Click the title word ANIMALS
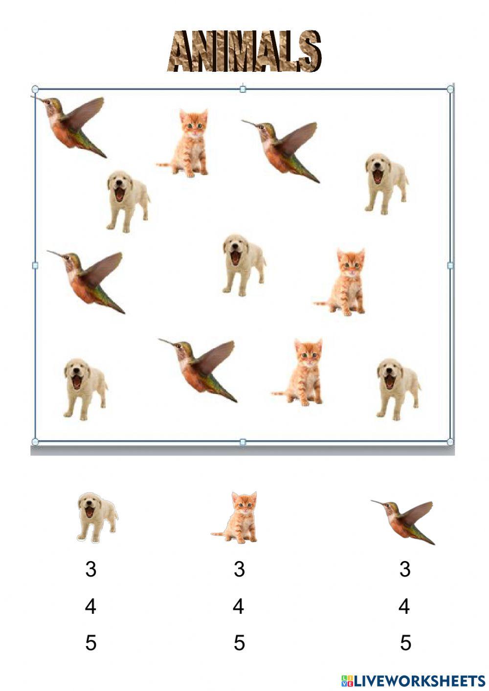point(244,51)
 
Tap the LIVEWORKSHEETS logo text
point(413,680)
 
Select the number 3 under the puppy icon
point(91,569)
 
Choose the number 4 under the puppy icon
point(91,606)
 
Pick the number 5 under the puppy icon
point(91,643)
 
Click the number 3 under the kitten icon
point(239,569)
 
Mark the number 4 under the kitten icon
point(239,606)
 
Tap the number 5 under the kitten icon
point(239,643)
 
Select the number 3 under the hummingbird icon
point(404,569)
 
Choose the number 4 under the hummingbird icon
point(404,606)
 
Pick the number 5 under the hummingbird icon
point(405,643)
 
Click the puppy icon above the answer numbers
point(97,517)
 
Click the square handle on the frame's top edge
point(243,89)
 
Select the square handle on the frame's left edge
point(35,265)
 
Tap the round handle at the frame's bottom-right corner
point(450,442)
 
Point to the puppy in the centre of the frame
point(243,264)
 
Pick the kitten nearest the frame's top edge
point(188,143)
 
